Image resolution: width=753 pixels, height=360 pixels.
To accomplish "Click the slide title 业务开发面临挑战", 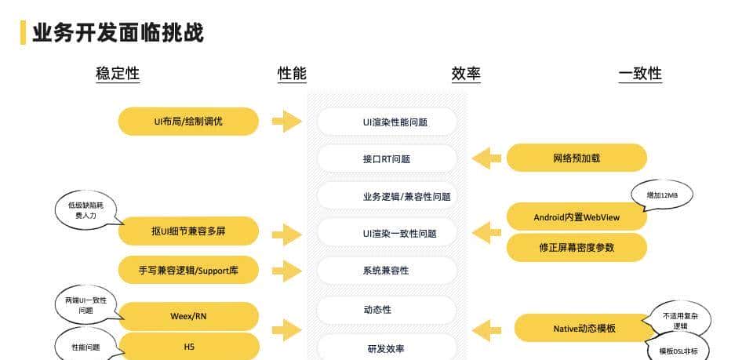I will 118,32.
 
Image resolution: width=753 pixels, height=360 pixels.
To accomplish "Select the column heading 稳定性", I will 118,74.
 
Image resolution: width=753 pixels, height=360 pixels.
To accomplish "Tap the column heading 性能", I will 292,74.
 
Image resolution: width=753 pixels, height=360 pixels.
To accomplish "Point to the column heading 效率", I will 466,74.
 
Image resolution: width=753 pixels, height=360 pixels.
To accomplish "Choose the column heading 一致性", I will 640,74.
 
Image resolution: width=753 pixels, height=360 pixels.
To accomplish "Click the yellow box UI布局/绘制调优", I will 188,122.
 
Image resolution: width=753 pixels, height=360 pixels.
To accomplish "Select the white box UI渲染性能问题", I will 387,122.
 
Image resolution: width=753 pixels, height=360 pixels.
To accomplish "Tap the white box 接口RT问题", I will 387,158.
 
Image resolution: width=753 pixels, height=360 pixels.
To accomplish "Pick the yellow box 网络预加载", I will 577,158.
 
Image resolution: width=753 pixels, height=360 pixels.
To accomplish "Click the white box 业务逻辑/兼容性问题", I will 387,196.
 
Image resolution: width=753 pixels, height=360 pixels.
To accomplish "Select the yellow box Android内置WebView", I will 577,216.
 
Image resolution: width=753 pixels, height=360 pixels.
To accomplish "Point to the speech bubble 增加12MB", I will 662,195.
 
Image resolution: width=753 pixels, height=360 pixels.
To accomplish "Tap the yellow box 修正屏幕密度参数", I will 577,247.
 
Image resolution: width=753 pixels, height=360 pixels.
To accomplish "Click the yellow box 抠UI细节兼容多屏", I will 188,231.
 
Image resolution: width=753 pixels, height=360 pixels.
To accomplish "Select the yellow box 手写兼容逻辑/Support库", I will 188,270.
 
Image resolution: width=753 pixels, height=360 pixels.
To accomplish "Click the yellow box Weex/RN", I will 188,316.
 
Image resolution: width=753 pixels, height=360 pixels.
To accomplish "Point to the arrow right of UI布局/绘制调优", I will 287,122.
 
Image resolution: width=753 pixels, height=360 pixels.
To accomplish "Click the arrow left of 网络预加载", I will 486,158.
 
